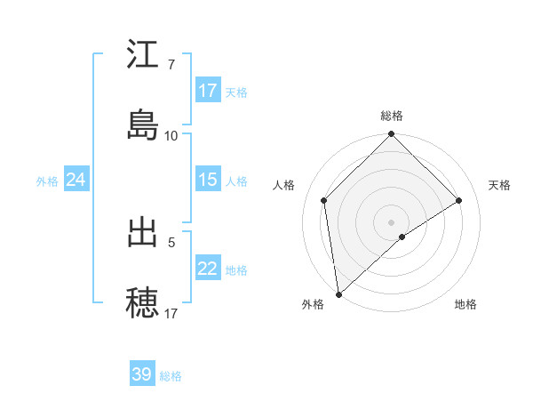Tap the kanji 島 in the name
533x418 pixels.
[x=143, y=125]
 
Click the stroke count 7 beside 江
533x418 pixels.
[x=171, y=66]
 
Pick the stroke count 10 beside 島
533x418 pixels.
[x=171, y=135]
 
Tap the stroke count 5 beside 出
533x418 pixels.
[x=171, y=240]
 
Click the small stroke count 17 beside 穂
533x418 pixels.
[x=171, y=313]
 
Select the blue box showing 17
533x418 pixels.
[x=208, y=91]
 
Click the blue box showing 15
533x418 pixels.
[x=208, y=180]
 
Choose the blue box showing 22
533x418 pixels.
[x=208, y=269]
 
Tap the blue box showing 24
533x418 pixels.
[x=76, y=180]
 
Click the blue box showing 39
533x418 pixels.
[x=142, y=374]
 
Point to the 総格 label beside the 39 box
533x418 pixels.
[x=171, y=376]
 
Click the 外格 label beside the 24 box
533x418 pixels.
[x=47, y=181]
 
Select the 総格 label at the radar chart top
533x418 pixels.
[x=392, y=116]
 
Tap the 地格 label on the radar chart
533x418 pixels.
[x=465, y=304]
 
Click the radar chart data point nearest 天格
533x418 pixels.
[x=459, y=200]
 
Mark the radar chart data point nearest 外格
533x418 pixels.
[x=338, y=294]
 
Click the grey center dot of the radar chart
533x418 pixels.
[x=392, y=221]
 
